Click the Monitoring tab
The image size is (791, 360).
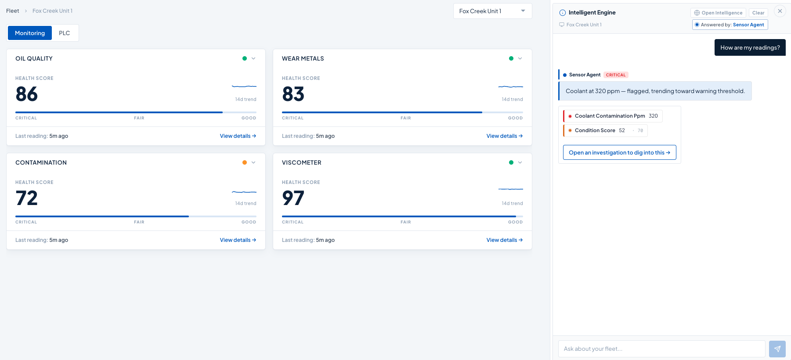pyautogui.click(x=30, y=33)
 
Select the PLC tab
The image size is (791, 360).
pyautogui.click(x=65, y=33)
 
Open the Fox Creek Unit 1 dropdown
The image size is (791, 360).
pyautogui.click(x=492, y=11)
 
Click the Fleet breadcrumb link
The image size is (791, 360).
pyautogui.click(x=13, y=11)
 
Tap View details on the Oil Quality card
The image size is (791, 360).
pyautogui.click(x=238, y=136)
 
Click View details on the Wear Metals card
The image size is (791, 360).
pyautogui.click(x=505, y=136)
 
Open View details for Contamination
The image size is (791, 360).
pyautogui.click(x=238, y=240)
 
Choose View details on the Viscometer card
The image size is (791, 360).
pyautogui.click(x=505, y=240)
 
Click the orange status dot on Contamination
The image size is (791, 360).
pyautogui.click(x=245, y=162)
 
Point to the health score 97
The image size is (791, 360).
pyautogui.click(x=293, y=198)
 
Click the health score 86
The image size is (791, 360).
pyautogui.click(x=27, y=94)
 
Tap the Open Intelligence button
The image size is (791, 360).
pyautogui.click(x=718, y=13)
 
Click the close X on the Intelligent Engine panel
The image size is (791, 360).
pyautogui.click(x=780, y=11)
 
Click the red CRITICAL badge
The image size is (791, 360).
pyautogui.click(x=616, y=75)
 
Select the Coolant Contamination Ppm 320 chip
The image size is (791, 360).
pyautogui.click(x=613, y=116)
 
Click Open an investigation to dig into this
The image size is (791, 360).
pyautogui.click(x=619, y=152)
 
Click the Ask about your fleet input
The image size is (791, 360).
pyautogui.click(x=662, y=349)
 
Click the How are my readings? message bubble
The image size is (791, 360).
pyautogui.click(x=750, y=47)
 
